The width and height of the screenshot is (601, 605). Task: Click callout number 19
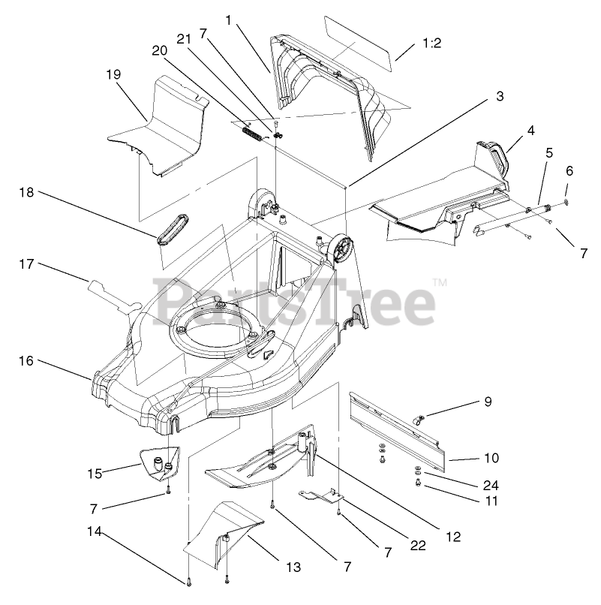point(113,74)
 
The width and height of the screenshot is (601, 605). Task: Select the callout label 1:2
point(431,44)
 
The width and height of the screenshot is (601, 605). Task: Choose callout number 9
point(487,402)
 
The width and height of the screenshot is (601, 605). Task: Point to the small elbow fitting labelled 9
point(422,417)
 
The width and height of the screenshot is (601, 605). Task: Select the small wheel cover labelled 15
point(160,462)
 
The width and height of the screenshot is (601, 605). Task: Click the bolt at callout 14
point(186,582)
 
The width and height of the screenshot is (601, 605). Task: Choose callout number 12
point(452,537)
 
